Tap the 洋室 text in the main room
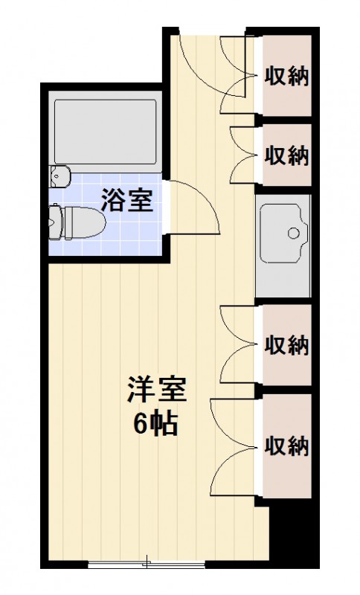click(155, 391)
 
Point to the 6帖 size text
click(155, 423)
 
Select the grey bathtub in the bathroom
click(105, 131)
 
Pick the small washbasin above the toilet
click(59, 176)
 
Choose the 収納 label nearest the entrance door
click(286, 75)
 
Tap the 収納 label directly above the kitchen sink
click(286, 155)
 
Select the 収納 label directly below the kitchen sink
click(286, 346)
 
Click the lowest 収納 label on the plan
click(286, 446)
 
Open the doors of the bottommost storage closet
click(234, 446)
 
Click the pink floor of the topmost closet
click(286, 100)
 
